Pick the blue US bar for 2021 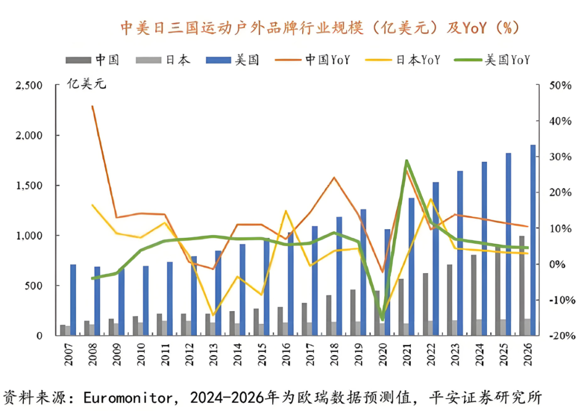click(x=411, y=267)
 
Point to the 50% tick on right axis click(x=560, y=85)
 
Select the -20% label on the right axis click(x=559, y=336)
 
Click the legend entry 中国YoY click(x=327, y=60)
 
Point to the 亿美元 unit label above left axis click(x=87, y=84)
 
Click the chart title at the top click(x=320, y=28)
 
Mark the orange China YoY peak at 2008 click(x=92, y=106)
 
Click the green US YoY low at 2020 click(x=382, y=319)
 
